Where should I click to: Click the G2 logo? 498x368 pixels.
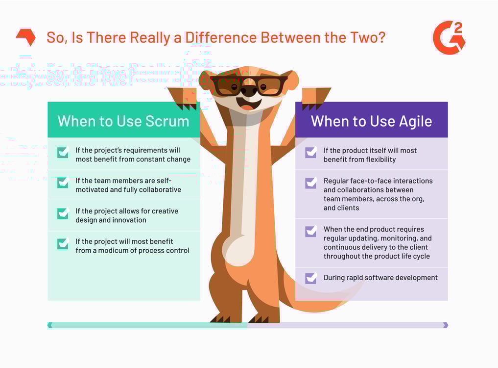pos(449,37)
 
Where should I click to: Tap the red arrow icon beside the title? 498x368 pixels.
pos(25,37)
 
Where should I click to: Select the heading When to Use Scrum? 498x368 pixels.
pos(123,121)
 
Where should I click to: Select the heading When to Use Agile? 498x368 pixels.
pos(371,121)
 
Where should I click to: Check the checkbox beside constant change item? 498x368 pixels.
pos(63,153)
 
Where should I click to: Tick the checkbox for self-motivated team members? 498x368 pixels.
pos(63,183)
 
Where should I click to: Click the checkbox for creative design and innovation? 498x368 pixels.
pos(63,213)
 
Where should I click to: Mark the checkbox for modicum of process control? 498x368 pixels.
pos(63,244)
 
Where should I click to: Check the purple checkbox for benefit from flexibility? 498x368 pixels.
pos(311,153)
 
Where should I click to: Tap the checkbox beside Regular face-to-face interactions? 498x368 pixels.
pos(311,183)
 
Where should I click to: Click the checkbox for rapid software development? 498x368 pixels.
pos(311,278)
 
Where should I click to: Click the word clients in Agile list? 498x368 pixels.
pos(348,208)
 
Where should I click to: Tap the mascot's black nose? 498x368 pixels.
pos(248,91)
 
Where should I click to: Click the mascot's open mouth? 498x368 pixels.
pos(247,105)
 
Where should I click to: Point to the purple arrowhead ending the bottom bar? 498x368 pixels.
pos(445,325)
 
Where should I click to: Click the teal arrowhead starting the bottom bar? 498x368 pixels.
pos(50,325)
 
